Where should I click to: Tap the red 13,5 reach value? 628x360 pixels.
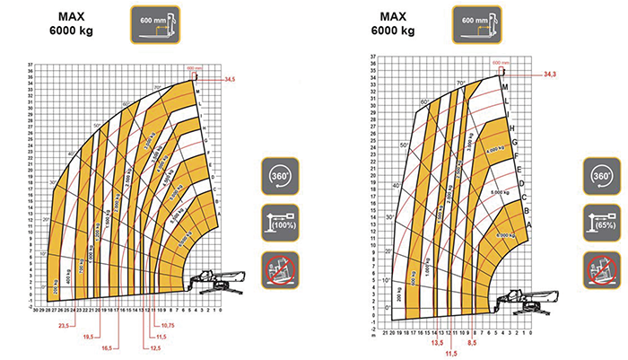438,342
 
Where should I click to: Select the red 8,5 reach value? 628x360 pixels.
472,342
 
